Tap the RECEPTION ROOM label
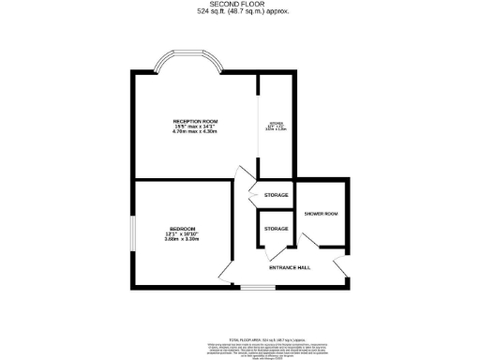point(195,121)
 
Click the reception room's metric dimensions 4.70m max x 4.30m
point(195,132)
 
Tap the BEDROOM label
point(183,230)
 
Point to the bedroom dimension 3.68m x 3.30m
point(183,240)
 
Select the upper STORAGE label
point(277,194)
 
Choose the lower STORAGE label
point(276,229)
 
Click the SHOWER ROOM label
point(321,214)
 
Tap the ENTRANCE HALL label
point(291,268)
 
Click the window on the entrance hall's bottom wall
point(253,286)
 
